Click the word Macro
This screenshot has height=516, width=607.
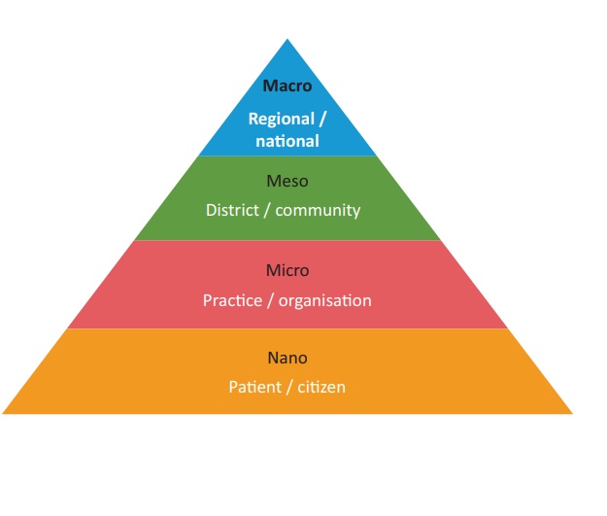(287, 86)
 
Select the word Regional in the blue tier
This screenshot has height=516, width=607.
(282, 120)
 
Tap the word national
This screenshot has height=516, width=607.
(287, 141)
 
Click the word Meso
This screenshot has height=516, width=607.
(287, 181)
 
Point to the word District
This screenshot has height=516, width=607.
(232, 210)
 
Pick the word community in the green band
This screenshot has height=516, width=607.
(317, 210)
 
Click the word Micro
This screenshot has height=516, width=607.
(287, 270)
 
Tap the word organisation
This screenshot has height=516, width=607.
(325, 300)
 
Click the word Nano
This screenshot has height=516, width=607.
(287, 358)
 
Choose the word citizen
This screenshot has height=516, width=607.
(321, 387)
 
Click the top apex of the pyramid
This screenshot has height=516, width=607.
(287, 40)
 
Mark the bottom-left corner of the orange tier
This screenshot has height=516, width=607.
(3, 414)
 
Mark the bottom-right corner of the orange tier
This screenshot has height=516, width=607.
(572, 414)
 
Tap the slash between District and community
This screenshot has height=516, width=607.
(267, 210)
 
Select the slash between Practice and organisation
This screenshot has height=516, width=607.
(272, 300)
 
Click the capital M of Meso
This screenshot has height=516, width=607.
(272, 181)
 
